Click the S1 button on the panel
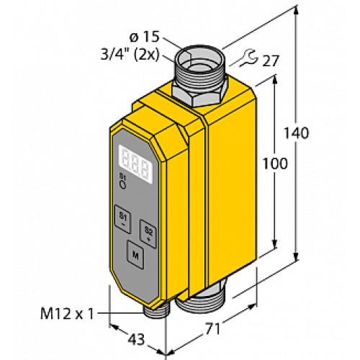click(x=122, y=218)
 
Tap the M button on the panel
click(x=135, y=253)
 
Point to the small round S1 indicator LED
click(x=122, y=185)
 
